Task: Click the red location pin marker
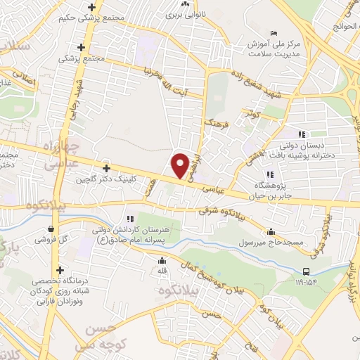[x=180, y=165]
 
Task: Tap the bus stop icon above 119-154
[x=307, y=272]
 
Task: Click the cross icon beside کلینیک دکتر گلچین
[x=106, y=168]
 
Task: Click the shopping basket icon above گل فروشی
[x=52, y=229]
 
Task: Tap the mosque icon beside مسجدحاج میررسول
[x=271, y=232]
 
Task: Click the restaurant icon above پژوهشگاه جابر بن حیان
[x=269, y=174]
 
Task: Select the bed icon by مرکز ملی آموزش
[x=274, y=34]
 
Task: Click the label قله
[x=162, y=270]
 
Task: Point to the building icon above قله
[x=162, y=259]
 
